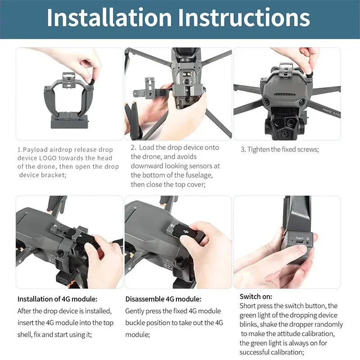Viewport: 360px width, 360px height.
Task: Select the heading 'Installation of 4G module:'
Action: click(x=57, y=299)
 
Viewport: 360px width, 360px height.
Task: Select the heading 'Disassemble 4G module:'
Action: click(x=163, y=299)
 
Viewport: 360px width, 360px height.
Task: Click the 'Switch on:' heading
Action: click(x=256, y=296)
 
